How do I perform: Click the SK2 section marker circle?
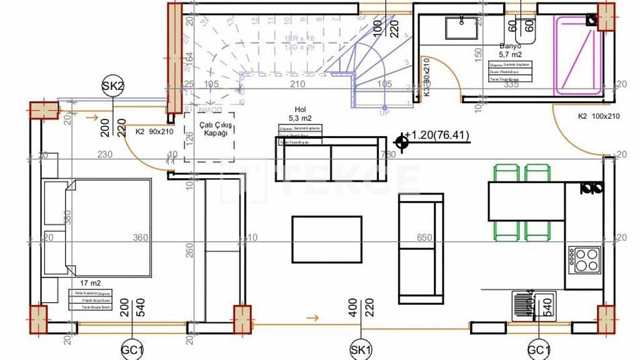click(x=113, y=87)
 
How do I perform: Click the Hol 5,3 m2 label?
click(x=299, y=113)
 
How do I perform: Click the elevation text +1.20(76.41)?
click(x=437, y=135)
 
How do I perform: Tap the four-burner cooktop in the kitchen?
click(x=584, y=259)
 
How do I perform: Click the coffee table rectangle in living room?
click(x=327, y=239)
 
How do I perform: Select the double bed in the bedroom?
click(x=97, y=227)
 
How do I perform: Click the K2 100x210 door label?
click(x=599, y=116)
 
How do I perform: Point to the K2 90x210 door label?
click(x=154, y=132)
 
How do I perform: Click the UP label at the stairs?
click(x=384, y=113)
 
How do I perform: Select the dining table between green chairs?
click(x=527, y=201)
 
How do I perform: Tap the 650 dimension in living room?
click(x=424, y=237)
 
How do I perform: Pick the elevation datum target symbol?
click(x=402, y=144)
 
